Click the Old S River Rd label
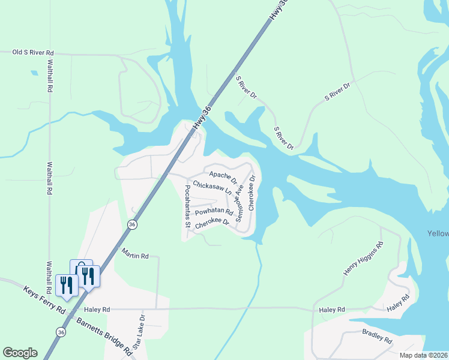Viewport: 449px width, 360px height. tap(33, 53)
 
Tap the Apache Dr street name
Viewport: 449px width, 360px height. tap(223, 175)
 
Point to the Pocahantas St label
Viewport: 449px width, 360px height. tap(188, 206)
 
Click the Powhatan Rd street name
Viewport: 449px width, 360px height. tap(214, 212)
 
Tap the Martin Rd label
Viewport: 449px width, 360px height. tap(134, 256)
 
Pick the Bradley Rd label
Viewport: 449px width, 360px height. tap(377, 335)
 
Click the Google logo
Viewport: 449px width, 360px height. tap(20, 353)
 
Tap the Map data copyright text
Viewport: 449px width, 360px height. tap(424, 355)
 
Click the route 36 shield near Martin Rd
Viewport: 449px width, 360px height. tap(132, 224)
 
